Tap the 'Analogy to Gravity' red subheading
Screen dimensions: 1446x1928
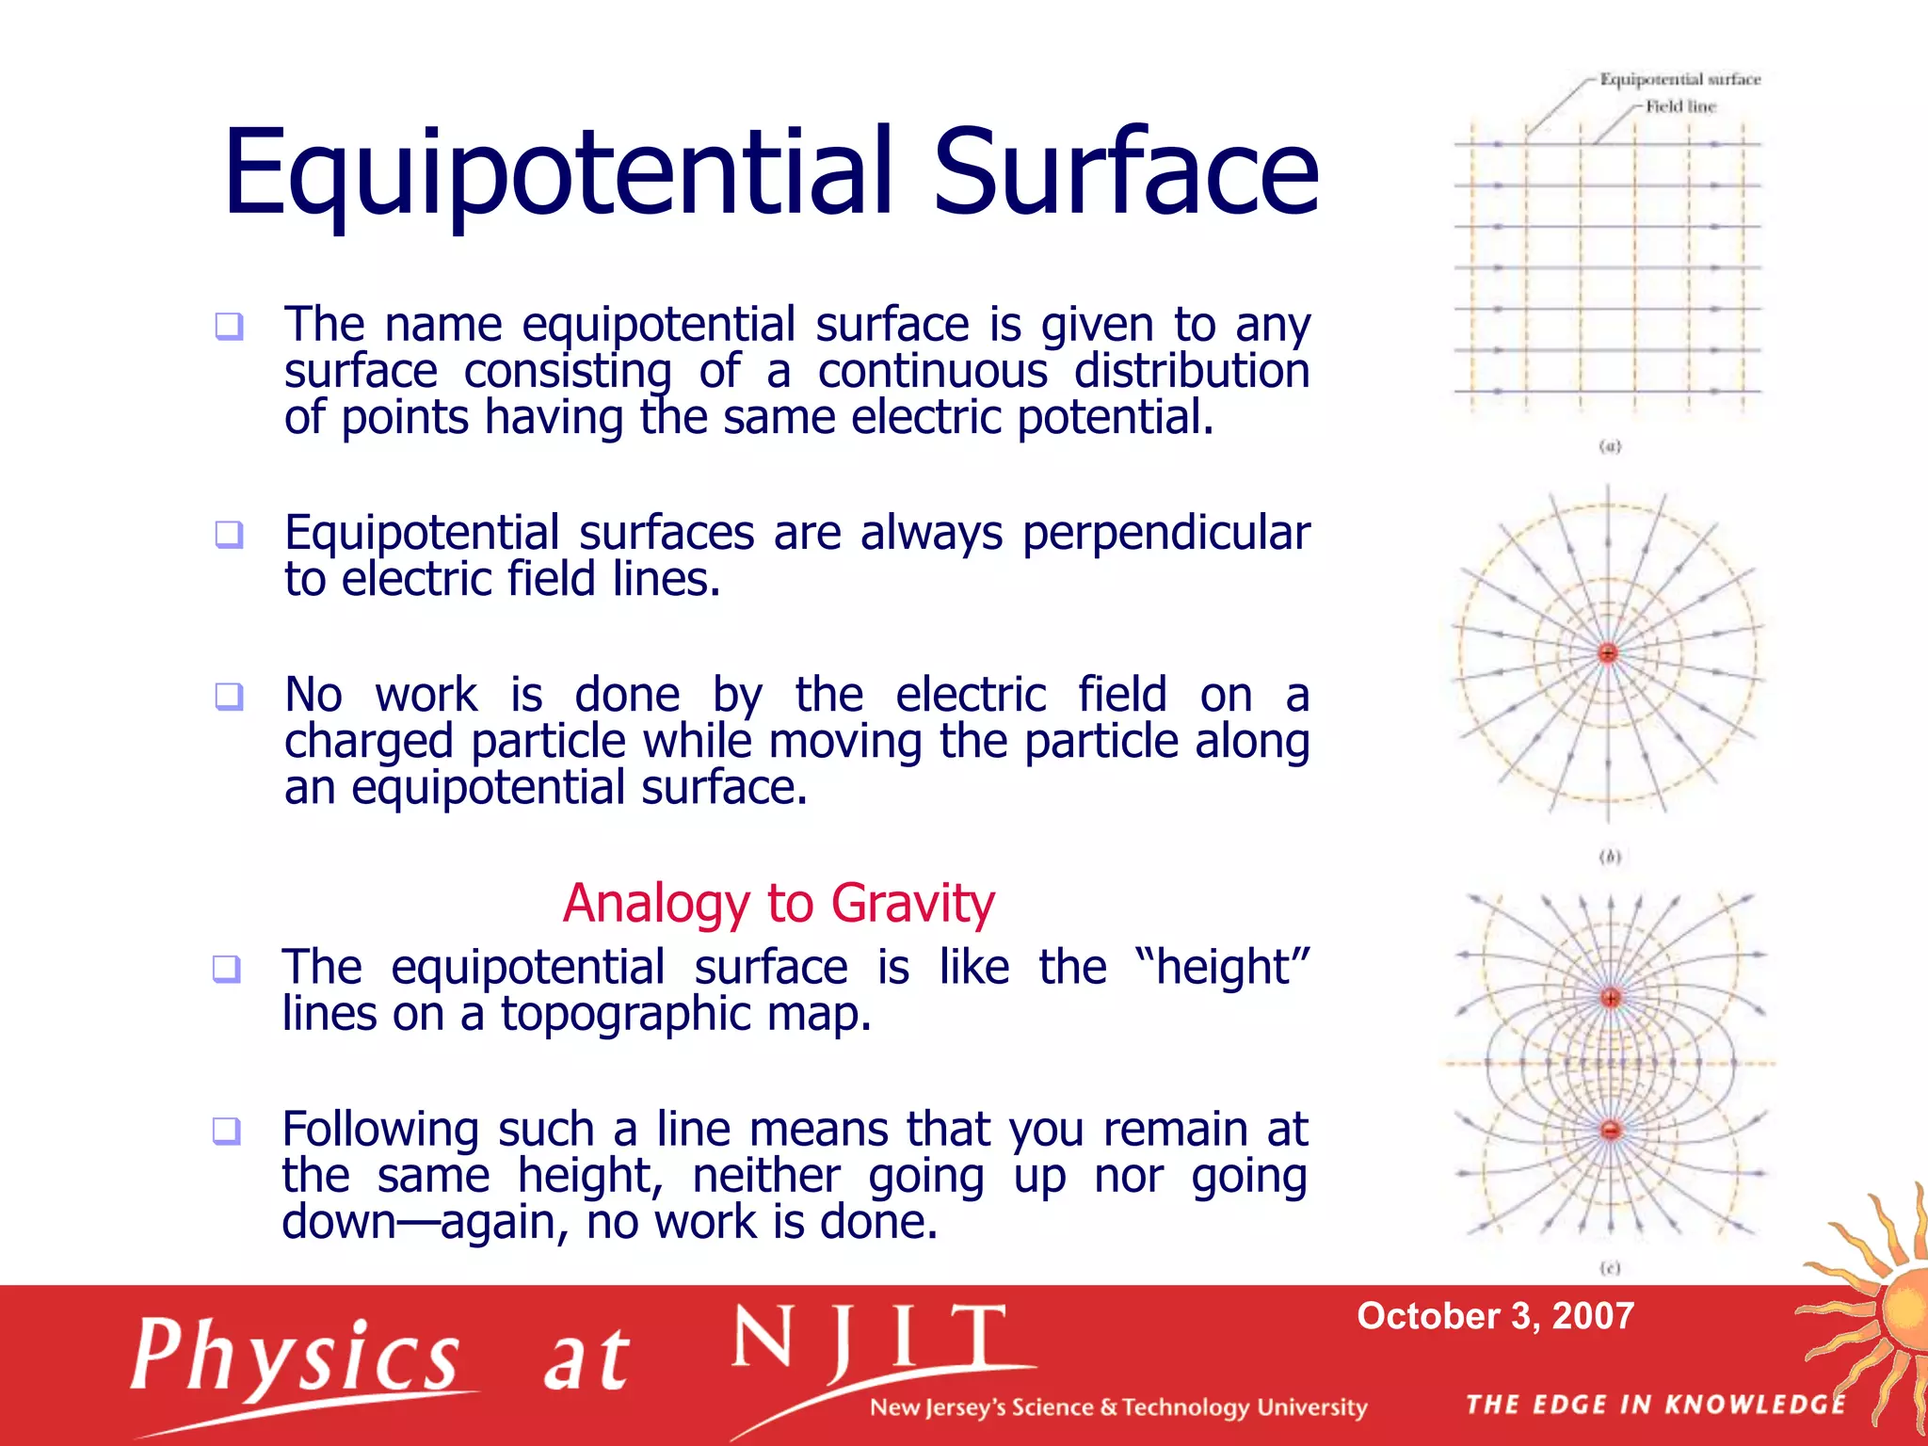[779, 903]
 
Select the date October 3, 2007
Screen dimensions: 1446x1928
[1495, 1316]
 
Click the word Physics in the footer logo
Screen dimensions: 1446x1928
[295, 1356]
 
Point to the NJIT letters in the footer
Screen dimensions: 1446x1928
[868, 1339]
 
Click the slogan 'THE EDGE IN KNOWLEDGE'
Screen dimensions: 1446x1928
[1656, 1405]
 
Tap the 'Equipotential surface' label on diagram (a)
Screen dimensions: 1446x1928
[1679, 79]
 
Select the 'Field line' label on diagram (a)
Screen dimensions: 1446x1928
[1680, 106]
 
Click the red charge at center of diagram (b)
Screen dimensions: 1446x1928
[1608, 652]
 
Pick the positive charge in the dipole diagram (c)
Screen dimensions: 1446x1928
[1611, 997]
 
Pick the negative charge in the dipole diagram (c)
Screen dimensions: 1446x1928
[1611, 1130]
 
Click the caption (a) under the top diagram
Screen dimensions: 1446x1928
[1610, 446]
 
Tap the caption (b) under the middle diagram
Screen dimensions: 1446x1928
[1610, 857]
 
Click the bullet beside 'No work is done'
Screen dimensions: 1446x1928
[229, 697]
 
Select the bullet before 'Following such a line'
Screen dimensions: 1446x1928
[226, 1130]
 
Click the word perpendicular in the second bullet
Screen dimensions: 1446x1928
[1165, 534]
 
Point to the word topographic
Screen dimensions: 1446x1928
[625, 1014]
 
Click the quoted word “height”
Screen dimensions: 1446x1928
[1221, 967]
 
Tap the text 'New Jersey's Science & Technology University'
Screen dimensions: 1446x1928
[1117, 1407]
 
